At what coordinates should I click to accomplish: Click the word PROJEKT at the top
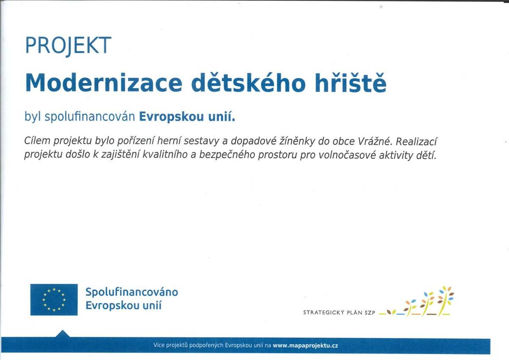click(68, 45)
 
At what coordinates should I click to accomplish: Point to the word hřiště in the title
click(350, 84)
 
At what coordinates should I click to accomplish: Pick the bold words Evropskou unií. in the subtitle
click(187, 116)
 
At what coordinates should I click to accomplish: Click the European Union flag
click(54, 300)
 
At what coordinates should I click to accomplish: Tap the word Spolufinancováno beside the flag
click(131, 292)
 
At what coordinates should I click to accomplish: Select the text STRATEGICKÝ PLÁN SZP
click(339, 312)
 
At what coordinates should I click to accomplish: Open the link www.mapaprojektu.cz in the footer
click(305, 346)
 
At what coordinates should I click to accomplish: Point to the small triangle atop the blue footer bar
click(62, 334)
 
